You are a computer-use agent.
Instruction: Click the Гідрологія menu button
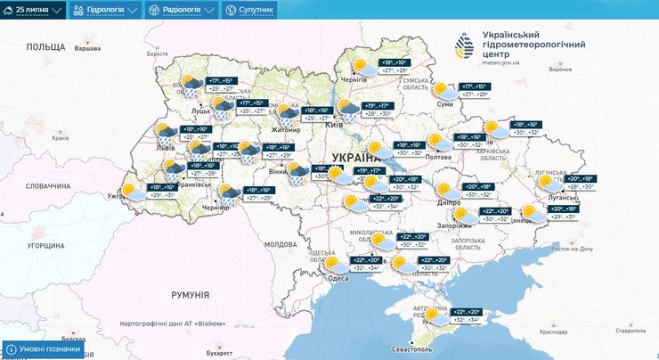point(106,10)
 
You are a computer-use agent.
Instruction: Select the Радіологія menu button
point(181,10)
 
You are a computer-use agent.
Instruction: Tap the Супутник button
point(250,10)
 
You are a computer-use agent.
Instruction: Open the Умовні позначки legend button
point(45,349)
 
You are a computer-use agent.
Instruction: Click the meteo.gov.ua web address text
point(505,63)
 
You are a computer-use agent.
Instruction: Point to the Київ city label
point(335,124)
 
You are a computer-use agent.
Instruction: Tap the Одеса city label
point(338,278)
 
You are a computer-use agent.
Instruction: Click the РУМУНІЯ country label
point(190,294)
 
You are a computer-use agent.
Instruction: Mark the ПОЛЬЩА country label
point(46,46)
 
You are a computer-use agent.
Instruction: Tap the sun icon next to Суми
point(439,89)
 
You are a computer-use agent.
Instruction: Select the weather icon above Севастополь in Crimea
point(434,315)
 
